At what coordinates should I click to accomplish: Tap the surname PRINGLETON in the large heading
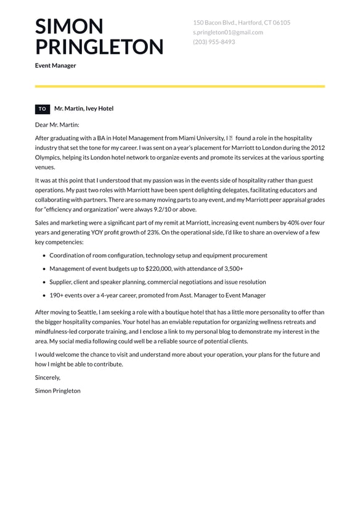(x=99, y=47)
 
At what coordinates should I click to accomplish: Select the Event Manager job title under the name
(x=55, y=65)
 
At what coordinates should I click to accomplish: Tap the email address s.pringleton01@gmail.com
(x=227, y=32)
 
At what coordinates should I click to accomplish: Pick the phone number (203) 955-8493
(x=214, y=42)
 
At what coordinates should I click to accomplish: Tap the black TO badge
(x=43, y=109)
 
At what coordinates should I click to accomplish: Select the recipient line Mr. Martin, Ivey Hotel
(x=84, y=109)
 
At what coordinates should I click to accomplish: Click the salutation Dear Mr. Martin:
(x=57, y=125)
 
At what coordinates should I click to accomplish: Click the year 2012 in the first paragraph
(x=317, y=148)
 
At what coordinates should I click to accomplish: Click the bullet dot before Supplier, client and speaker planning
(x=44, y=283)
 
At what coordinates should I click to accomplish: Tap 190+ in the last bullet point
(x=57, y=296)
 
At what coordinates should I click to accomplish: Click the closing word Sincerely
(x=48, y=378)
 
